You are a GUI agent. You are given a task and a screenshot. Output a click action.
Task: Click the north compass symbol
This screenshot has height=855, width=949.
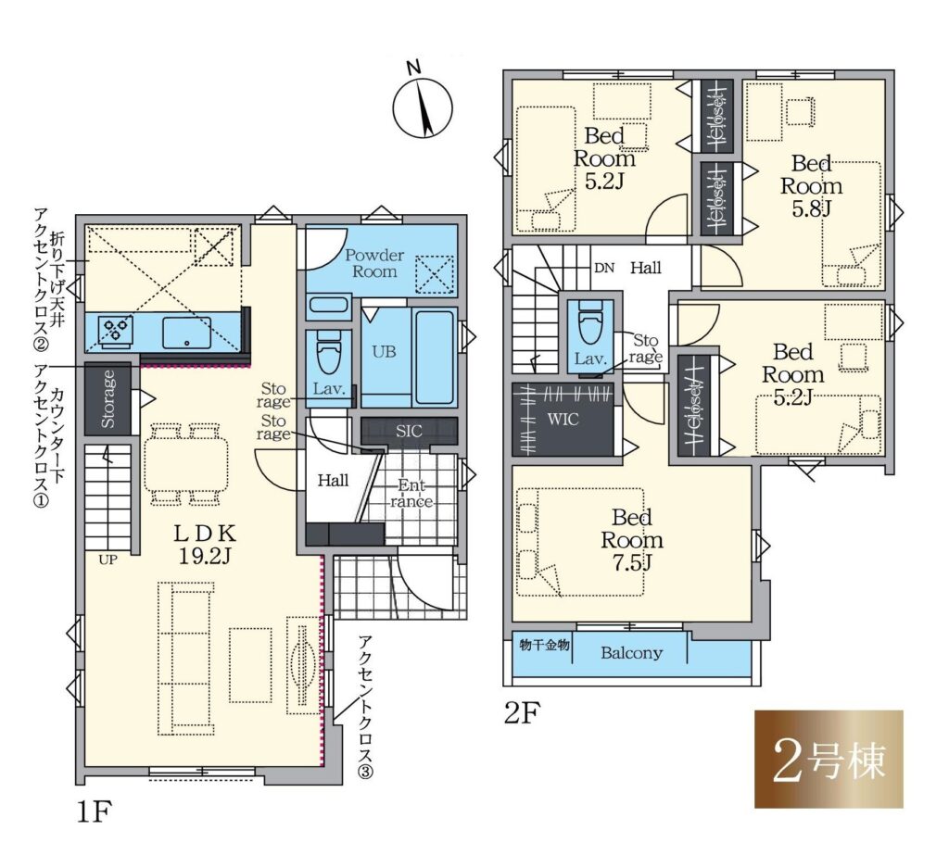coord(423,107)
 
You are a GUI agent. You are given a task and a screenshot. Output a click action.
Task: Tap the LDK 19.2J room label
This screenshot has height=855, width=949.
coord(205,544)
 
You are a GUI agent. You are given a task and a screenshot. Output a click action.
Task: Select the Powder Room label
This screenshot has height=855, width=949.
coord(374,263)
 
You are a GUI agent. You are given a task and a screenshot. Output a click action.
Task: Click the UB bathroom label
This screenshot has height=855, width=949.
coord(384,352)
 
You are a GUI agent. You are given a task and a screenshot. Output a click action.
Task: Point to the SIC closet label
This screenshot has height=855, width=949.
coord(409,432)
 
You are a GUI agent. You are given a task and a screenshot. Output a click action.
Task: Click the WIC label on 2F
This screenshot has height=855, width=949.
coord(563,419)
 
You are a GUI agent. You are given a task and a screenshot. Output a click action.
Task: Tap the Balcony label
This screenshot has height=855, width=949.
coord(631,653)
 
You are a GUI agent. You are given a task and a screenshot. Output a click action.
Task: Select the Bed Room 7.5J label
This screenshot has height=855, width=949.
coord(632,540)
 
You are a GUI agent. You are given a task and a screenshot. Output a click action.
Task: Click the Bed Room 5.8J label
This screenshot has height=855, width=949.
coord(811,186)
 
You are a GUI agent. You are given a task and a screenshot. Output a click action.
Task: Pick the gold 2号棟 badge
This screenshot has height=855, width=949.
coord(829,759)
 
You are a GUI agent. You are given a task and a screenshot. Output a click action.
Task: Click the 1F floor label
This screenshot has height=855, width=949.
coord(95,812)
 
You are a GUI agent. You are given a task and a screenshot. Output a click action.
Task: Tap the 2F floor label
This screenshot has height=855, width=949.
coord(522,712)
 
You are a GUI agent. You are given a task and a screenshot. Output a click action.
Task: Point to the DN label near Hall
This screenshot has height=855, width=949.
coord(604,268)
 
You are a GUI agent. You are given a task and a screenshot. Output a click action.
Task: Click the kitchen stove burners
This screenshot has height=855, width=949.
coord(117,332)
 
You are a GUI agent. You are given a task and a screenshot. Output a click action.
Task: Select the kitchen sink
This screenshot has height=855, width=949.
coord(186,333)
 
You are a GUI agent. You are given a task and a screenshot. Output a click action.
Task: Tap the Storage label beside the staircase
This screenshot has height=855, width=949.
coord(108,398)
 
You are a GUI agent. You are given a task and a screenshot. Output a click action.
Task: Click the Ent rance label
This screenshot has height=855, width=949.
coord(411,493)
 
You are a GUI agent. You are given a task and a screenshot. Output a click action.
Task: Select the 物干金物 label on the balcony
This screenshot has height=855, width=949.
coord(544,645)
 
